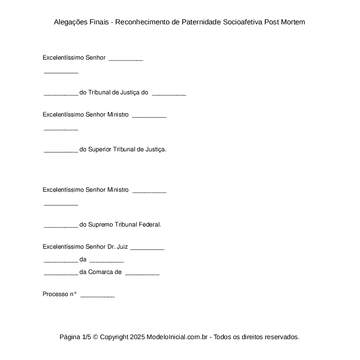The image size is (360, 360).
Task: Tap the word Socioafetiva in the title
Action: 242,22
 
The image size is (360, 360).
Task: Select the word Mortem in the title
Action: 293,22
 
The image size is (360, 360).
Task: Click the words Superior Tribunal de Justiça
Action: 127,150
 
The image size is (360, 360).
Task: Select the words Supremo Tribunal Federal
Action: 124,225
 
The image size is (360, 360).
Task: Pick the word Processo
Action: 55,294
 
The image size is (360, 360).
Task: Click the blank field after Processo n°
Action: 98,296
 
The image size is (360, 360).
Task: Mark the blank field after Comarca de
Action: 142,274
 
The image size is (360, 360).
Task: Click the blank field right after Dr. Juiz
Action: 147,248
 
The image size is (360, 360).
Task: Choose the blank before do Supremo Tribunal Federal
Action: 61,226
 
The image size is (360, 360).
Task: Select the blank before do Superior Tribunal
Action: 61,151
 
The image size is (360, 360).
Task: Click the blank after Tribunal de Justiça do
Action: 169,94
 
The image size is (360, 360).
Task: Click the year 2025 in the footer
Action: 137,337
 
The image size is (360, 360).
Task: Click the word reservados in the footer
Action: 282,337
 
